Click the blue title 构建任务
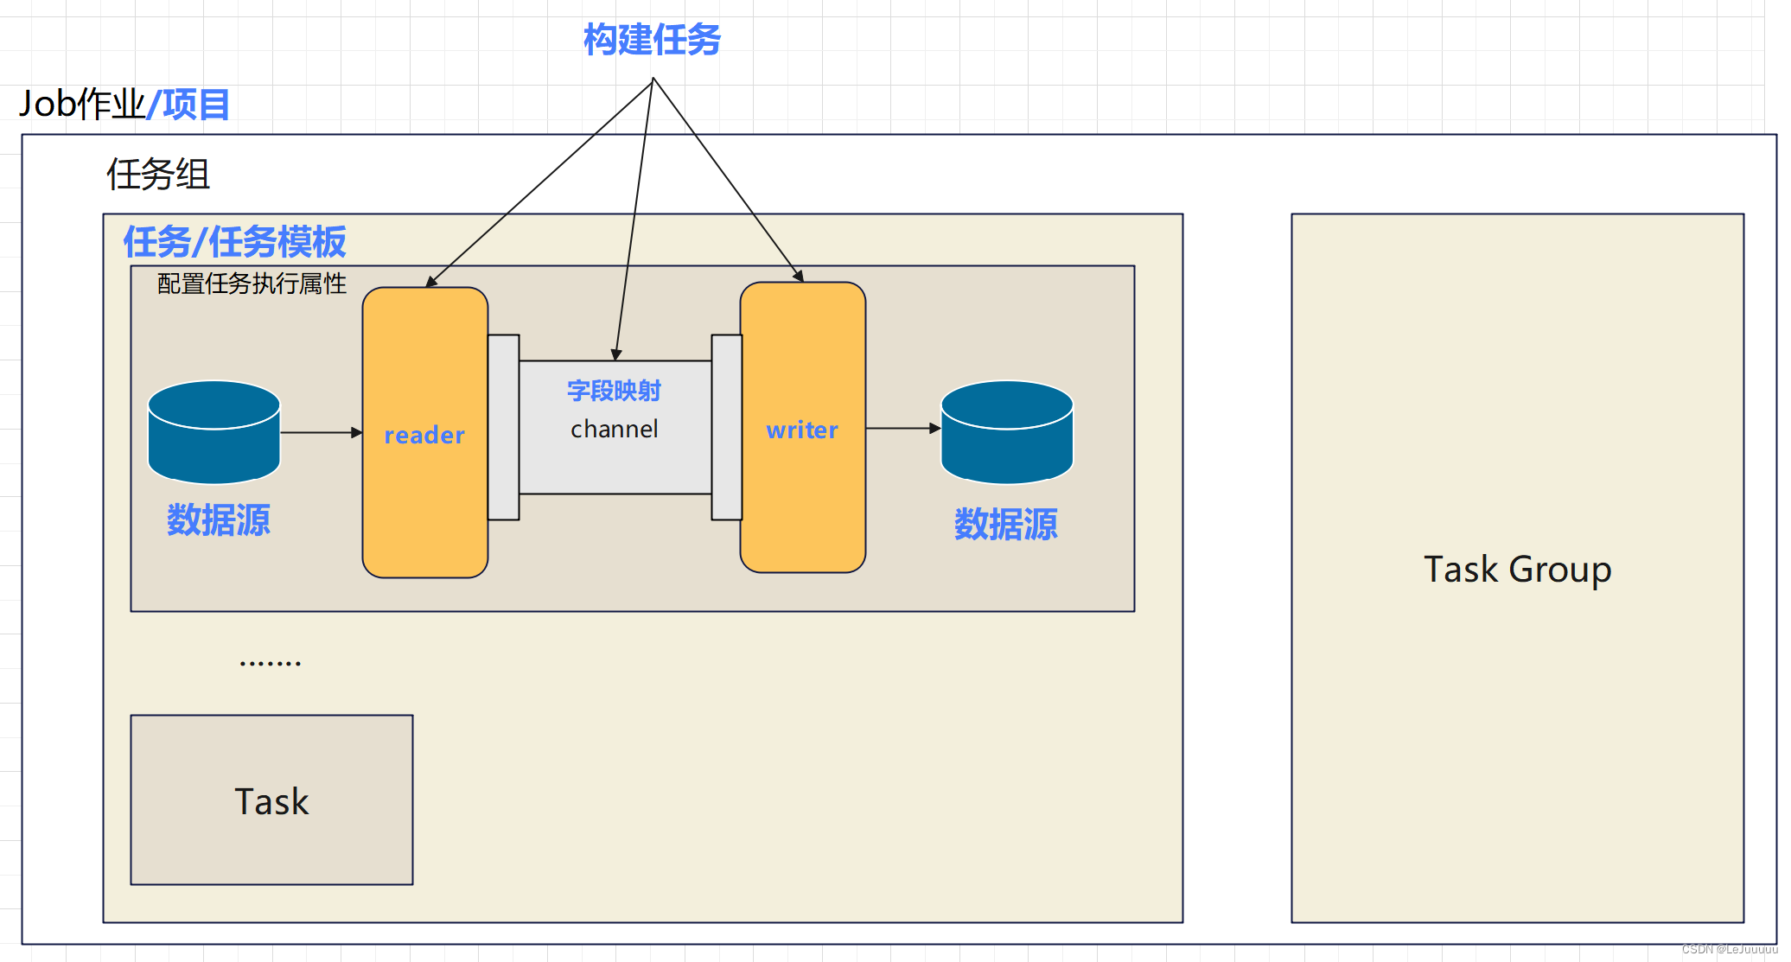point(652,40)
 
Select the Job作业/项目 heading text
point(124,105)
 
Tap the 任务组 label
point(158,175)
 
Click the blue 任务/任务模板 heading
point(234,242)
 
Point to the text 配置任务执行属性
point(252,284)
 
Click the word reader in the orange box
point(424,435)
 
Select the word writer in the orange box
point(802,430)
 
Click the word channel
point(615,430)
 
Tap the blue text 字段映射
point(615,391)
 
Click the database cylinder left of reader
point(214,432)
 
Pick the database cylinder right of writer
point(1007,432)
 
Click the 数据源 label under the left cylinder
point(218,520)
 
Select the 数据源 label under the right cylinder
point(1005,525)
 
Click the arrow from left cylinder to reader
point(321,432)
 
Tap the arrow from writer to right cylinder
point(902,428)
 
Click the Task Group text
point(1517,570)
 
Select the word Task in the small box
point(271,802)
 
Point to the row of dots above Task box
point(270,663)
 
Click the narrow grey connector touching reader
point(503,427)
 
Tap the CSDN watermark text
point(1729,949)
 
